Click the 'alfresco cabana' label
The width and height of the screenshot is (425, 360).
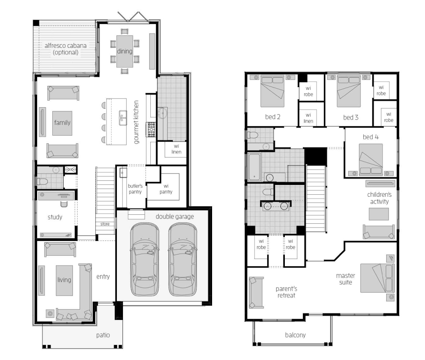66,45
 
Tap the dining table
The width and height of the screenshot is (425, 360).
125,51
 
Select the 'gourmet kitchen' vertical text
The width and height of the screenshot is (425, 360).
136,122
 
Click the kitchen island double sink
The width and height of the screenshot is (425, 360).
123,118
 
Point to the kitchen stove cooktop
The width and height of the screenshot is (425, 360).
151,129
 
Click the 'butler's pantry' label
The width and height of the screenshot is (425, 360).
135,189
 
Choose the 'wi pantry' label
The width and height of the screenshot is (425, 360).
166,189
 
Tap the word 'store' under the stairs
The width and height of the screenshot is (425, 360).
105,224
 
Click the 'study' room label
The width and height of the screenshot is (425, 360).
55,217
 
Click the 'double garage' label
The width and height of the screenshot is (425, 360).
175,216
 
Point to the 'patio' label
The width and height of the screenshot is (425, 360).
103,335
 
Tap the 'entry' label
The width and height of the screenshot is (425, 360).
103,277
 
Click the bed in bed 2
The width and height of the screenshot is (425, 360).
273,91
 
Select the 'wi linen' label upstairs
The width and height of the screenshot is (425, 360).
308,118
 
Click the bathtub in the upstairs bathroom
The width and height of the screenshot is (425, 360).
255,167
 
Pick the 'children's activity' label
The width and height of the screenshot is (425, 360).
380,198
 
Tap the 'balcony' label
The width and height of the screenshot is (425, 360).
295,335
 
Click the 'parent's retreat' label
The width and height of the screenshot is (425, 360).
286,292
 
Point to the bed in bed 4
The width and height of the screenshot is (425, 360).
371,159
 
